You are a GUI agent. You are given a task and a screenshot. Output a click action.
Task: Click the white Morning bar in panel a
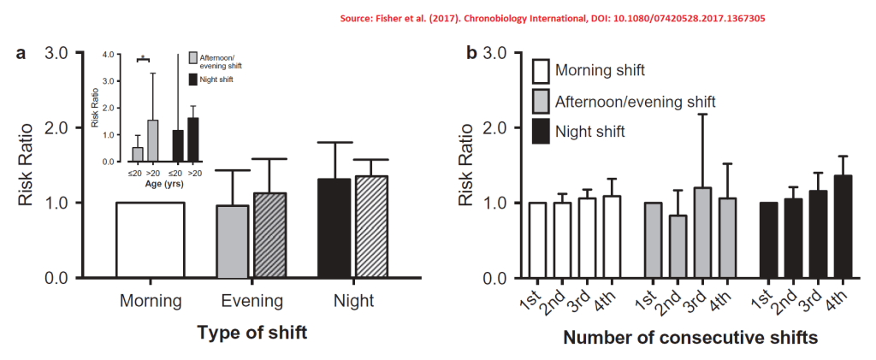(x=151, y=240)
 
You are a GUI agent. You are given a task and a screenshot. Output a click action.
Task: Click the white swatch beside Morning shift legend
(x=540, y=71)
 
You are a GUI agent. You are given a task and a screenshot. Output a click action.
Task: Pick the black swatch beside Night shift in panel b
(x=540, y=132)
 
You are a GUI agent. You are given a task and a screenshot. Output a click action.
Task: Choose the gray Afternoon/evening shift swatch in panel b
(x=540, y=101)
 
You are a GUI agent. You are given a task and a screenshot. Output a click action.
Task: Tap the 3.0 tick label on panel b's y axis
(x=499, y=53)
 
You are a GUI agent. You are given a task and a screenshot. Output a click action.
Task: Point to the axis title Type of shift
(x=252, y=333)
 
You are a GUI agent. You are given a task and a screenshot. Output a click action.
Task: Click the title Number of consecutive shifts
(x=690, y=338)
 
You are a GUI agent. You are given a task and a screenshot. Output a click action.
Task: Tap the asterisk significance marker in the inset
(x=144, y=58)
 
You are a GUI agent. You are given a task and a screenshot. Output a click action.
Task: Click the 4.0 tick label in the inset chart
(x=108, y=55)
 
